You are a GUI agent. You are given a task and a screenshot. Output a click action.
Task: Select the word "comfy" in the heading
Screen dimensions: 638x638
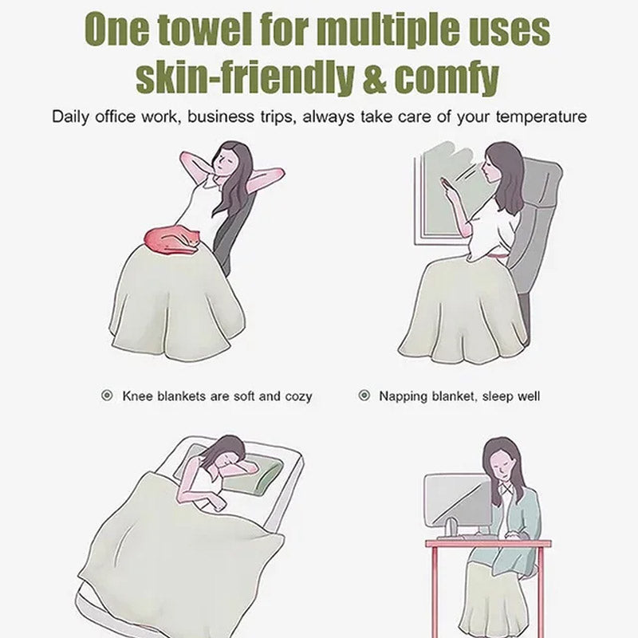click(x=447, y=78)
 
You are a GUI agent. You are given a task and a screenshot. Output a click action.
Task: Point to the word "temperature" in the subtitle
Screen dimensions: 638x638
click(x=542, y=117)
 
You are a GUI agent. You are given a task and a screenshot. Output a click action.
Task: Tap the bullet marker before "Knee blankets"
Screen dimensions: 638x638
click(x=107, y=395)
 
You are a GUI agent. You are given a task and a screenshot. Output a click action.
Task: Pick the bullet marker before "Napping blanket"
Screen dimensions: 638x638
click(x=364, y=395)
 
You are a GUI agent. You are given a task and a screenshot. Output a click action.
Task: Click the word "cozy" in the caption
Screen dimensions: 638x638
click(x=298, y=396)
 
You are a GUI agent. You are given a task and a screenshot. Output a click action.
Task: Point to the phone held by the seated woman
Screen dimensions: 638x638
click(x=444, y=184)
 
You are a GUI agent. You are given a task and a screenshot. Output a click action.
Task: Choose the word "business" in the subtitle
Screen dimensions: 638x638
click(x=221, y=116)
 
